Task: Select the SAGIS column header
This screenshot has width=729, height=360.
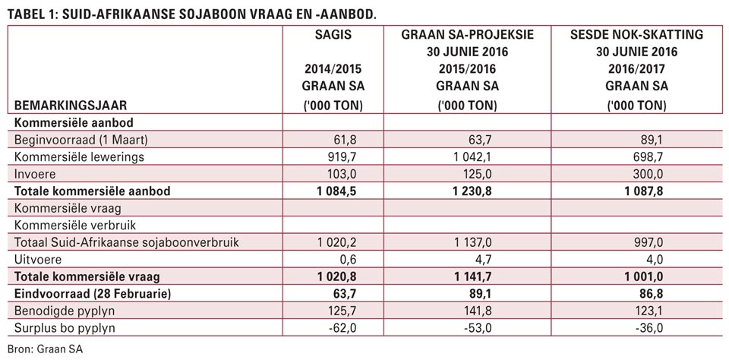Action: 333,35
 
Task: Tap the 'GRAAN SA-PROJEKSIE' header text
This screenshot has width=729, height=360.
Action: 467,35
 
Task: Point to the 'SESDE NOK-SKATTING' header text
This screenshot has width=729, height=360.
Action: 637,35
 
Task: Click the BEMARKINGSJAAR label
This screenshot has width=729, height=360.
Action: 71,106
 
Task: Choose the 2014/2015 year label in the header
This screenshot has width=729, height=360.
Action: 333,70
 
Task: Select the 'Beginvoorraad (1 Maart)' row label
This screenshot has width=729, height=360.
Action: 81,140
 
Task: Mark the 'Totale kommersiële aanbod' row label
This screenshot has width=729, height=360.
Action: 93,191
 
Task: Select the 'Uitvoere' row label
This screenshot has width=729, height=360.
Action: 38,260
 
